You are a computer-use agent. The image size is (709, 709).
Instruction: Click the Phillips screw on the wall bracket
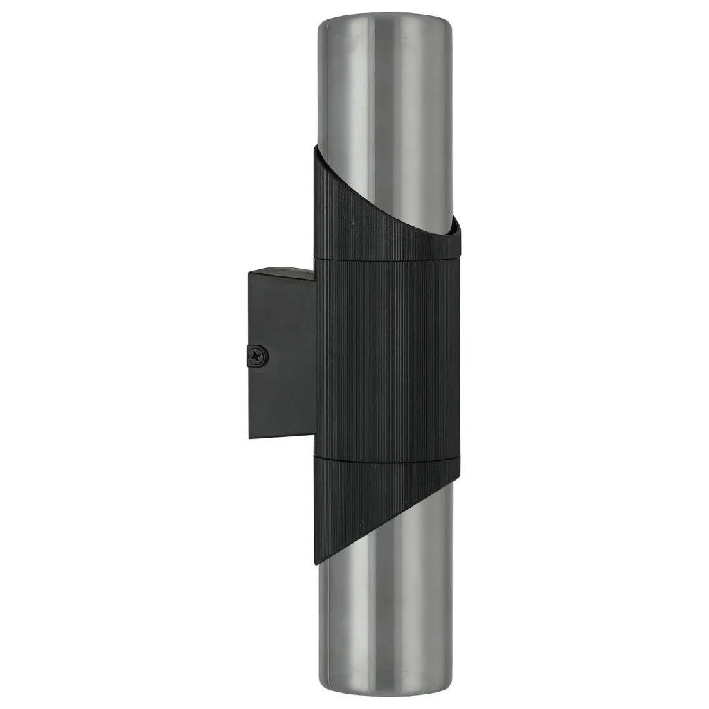click(x=260, y=356)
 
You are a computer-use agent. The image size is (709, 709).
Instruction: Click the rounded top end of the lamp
click(x=386, y=22)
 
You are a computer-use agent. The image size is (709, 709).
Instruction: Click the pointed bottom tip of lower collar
click(x=317, y=562)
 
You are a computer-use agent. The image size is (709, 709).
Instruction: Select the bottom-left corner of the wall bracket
click(x=249, y=438)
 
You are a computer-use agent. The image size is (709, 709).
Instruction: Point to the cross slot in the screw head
click(x=260, y=356)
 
